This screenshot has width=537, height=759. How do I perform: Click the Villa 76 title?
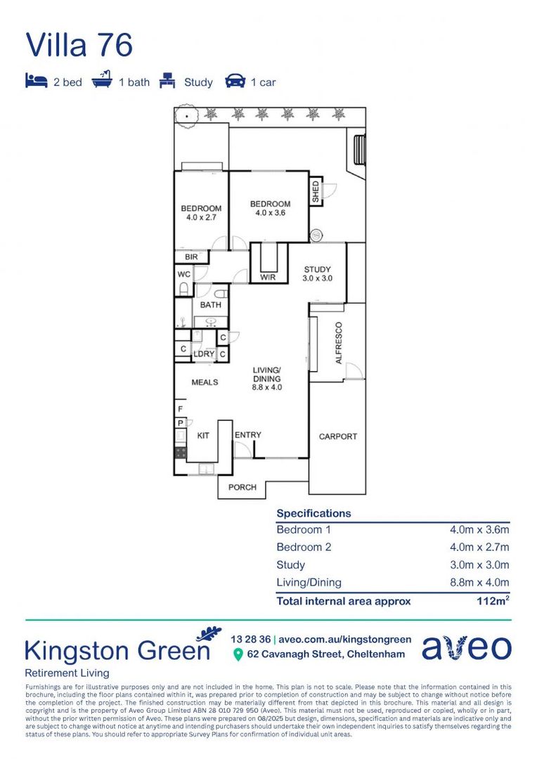pyautogui.click(x=79, y=44)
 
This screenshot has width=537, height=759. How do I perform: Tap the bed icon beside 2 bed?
pyautogui.click(x=36, y=82)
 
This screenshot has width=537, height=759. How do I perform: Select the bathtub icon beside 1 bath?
pyautogui.click(x=102, y=81)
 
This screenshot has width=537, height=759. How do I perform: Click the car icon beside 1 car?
pyautogui.click(x=235, y=82)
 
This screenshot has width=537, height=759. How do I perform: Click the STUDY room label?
pyautogui.click(x=317, y=270)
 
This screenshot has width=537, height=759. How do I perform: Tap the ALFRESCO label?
pyautogui.click(x=338, y=343)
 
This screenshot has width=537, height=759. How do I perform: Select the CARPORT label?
pyautogui.click(x=337, y=436)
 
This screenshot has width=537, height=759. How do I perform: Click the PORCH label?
pyautogui.click(x=242, y=487)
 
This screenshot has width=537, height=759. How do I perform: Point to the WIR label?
pyautogui.click(x=268, y=278)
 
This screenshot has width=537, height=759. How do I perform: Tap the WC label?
pyautogui.click(x=183, y=274)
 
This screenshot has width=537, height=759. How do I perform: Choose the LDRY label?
pyautogui.click(x=203, y=354)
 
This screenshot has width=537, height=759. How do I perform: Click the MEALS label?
pyautogui.click(x=205, y=382)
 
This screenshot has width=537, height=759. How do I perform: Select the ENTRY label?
pyautogui.click(x=247, y=435)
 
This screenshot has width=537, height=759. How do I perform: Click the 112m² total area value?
pyautogui.click(x=493, y=601)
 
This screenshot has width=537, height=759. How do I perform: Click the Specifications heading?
pyautogui.click(x=313, y=513)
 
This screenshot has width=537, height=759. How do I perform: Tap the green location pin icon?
pyautogui.click(x=238, y=655)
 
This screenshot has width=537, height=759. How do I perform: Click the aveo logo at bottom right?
pyautogui.click(x=466, y=647)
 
